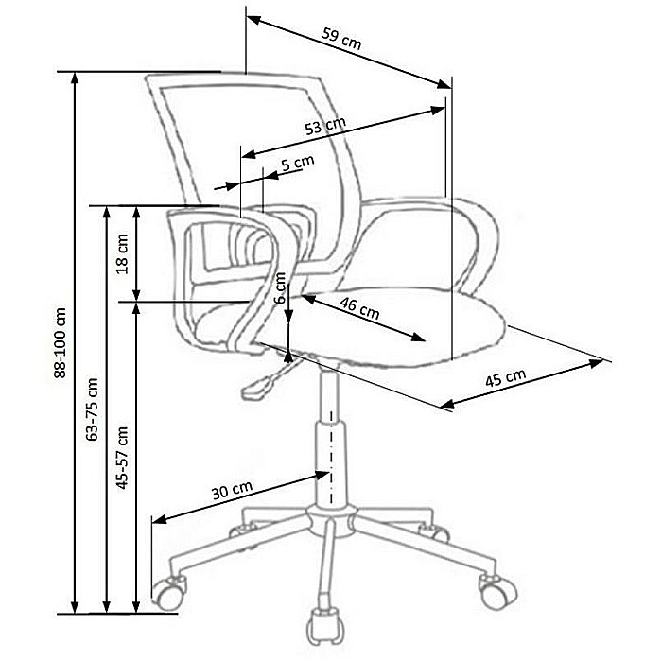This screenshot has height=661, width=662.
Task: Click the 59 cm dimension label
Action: point(341,39)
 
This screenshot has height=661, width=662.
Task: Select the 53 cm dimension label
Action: point(325,126)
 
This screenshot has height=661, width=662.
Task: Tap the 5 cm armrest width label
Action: point(298,162)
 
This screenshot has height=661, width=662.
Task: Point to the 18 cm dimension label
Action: point(122,253)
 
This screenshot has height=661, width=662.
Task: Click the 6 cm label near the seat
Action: point(280,287)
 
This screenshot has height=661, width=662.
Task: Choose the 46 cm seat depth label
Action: point(359,308)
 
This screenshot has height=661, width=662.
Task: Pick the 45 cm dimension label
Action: point(505,377)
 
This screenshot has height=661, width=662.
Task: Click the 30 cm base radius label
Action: point(232,490)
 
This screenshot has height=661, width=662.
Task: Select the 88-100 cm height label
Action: point(61,342)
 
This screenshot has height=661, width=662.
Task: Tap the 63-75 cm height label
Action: point(92,409)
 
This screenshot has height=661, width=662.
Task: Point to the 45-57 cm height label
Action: point(122,458)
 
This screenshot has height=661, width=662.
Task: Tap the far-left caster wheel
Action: point(169,593)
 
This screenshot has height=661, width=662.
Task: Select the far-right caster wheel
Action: point(498,592)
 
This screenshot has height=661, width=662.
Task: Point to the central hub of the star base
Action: point(331,520)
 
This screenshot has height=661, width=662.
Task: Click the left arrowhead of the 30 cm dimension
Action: point(159,519)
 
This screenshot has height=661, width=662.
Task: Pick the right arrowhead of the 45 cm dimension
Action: point(596,362)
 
